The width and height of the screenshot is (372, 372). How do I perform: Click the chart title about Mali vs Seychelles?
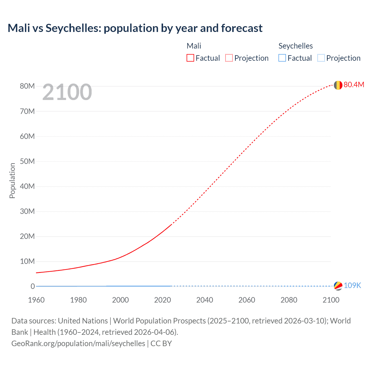point(135,28)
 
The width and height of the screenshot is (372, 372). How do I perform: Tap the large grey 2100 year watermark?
point(67,92)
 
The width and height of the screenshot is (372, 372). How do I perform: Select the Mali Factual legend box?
point(190,58)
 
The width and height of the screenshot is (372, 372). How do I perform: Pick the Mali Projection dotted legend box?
point(229,58)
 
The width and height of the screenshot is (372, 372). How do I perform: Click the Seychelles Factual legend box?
point(282,58)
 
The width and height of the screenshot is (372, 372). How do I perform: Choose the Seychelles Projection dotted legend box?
point(321,58)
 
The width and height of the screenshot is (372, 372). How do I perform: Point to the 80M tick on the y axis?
point(27,86)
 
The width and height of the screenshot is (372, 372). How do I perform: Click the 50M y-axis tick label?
point(27,161)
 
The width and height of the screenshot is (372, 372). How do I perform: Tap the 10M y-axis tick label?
point(27,261)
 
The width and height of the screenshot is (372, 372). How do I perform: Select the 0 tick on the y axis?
point(33,286)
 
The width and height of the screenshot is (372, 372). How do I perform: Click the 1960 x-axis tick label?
point(36,300)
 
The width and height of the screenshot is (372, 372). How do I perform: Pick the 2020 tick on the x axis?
point(162,300)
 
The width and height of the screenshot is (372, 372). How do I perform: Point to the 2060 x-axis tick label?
point(247,300)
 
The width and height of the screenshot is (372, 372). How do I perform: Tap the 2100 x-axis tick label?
point(331,300)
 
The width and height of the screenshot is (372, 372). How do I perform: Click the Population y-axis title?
point(12,180)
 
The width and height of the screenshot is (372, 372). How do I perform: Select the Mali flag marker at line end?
point(338,85)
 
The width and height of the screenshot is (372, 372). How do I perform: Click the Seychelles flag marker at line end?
point(338,286)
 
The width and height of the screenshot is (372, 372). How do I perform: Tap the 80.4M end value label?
point(354,85)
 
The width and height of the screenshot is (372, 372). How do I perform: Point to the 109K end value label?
point(352,285)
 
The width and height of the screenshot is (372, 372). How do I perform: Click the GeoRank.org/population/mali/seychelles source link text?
point(78,344)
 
